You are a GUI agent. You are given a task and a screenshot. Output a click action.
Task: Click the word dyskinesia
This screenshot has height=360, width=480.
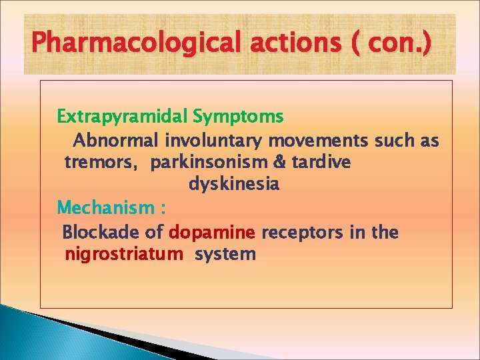point(234,184)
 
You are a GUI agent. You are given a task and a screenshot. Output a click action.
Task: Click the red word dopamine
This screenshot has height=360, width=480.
point(213,233)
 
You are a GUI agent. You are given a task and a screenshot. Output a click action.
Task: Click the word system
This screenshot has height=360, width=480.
point(225,255)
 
